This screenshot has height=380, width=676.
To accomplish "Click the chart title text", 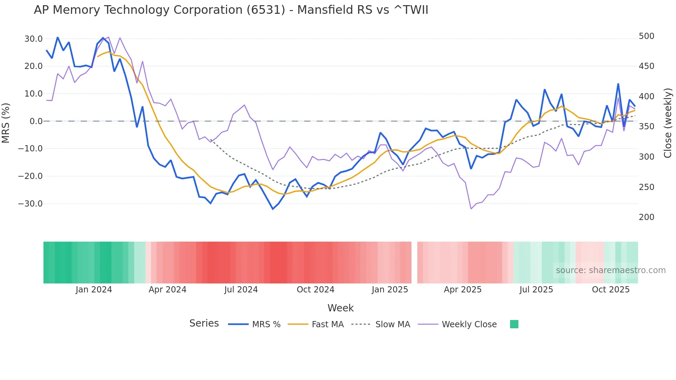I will point(231,10).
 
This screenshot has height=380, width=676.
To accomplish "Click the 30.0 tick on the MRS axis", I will point(33,39).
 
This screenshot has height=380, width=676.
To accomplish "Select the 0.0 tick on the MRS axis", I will point(36,121).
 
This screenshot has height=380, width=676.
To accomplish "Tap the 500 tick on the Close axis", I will point(646,36).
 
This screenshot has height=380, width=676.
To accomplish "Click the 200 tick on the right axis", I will point(646,217).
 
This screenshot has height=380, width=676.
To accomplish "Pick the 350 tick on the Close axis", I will point(646,127).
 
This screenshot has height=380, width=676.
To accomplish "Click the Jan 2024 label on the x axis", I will point(94,290).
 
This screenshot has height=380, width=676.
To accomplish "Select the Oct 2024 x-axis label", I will point(315,290).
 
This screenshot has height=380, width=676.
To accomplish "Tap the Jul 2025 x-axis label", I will point(536,290).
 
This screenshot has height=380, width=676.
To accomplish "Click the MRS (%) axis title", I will point(6,123).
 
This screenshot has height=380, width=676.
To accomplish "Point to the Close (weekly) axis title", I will point(668,123).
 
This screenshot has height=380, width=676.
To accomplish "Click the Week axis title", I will point(340,308).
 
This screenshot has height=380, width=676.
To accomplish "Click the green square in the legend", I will point(514,324).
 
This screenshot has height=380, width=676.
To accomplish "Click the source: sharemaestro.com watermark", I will point(610,270).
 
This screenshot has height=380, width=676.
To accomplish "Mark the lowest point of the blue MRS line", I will point(273,209).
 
